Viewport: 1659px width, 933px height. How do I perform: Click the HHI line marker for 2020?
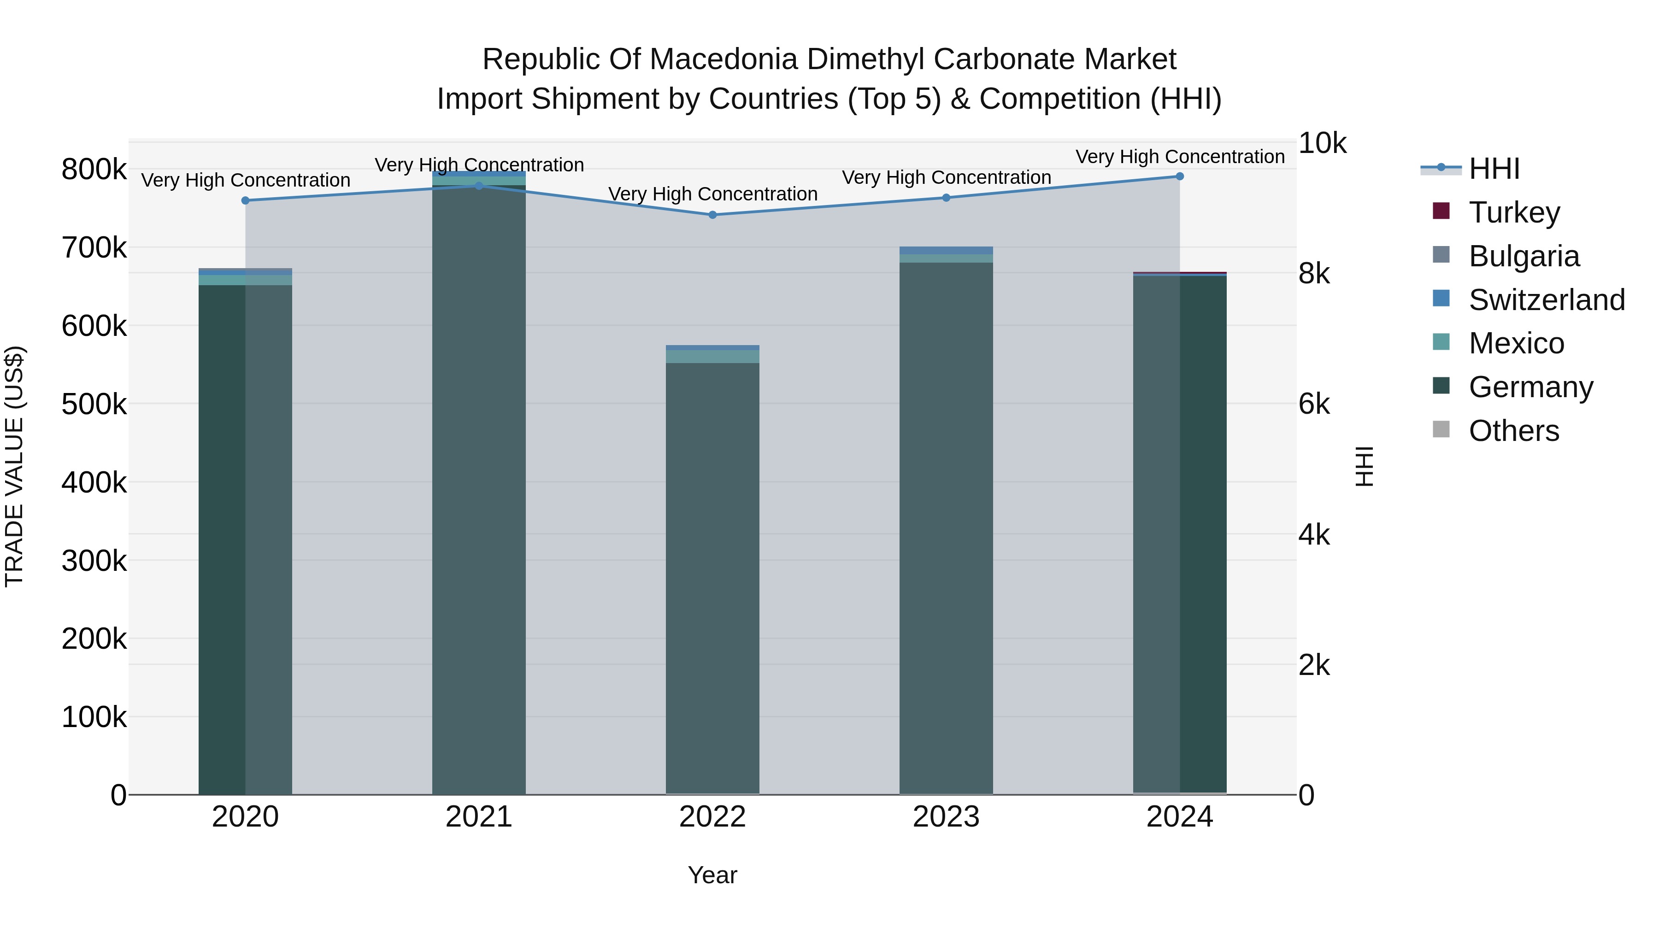pyautogui.click(x=245, y=201)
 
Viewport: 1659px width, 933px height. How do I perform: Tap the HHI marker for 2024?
pyautogui.click(x=1180, y=176)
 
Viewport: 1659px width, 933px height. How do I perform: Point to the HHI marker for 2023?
pyautogui.click(x=946, y=198)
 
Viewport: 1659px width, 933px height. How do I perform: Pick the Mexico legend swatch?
pyautogui.click(x=1441, y=342)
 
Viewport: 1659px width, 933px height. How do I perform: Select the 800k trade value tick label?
pyautogui.click(x=94, y=170)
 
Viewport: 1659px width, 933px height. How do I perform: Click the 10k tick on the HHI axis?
pyautogui.click(x=1322, y=144)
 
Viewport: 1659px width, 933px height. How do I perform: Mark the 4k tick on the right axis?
pyautogui.click(x=1314, y=535)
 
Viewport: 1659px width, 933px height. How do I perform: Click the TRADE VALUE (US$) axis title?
pyautogui.click(x=14, y=466)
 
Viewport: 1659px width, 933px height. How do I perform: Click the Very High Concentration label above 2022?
pyautogui.click(x=712, y=194)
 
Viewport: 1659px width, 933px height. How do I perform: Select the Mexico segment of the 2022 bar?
pyautogui.click(x=712, y=357)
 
